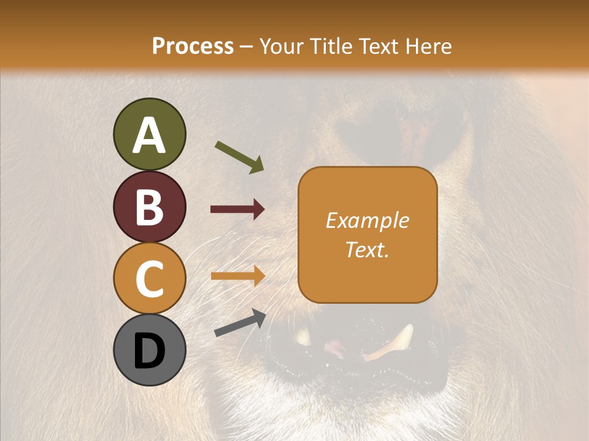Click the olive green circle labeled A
tap(149, 134)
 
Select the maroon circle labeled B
tap(149, 206)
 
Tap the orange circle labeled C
tap(149, 279)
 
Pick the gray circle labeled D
tap(149, 350)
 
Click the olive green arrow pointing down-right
tap(239, 157)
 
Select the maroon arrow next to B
tap(237, 209)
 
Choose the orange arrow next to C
tap(237, 276)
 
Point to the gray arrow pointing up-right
tap(240, 322)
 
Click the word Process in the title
tap(193, 46)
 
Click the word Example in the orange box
tap(368, 221)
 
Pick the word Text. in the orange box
tap(368, 249)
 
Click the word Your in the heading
tap(282, 46)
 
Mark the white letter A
tap(149, 135)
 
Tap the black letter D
tap(149, 351)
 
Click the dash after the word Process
tap(247, 47)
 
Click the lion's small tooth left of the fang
tap(302, 336)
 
